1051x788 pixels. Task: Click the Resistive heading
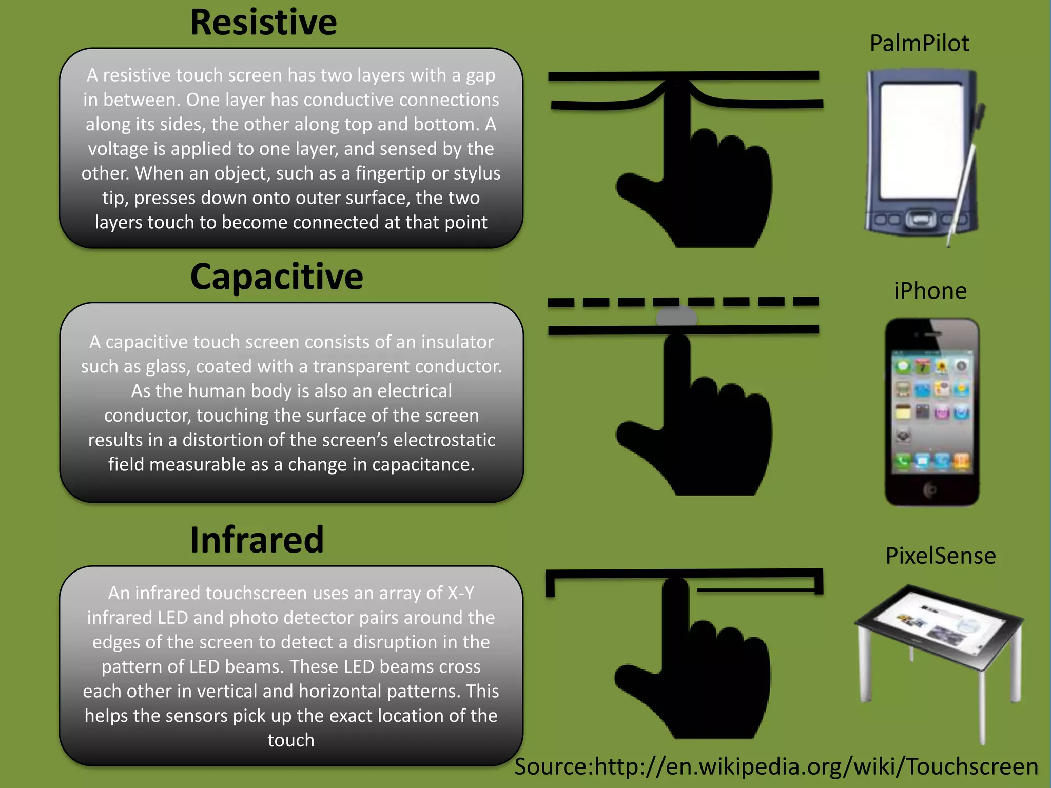(x=263, y=23)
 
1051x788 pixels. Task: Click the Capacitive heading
(x=277, y=278)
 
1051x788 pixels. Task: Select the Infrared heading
(x=257, y=540)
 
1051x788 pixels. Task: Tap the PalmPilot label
(x=919, y=44)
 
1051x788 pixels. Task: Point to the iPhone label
(x=930, y=291)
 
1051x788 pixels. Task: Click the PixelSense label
(x=940, y=556)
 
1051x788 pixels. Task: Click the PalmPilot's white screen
(x=921, y=141)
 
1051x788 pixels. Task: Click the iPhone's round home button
(x=930, y=490)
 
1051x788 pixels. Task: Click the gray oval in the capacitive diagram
(x=676, y=318)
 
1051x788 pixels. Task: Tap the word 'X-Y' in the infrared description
(x=461, y=594)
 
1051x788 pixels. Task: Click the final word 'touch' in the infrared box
(x=291, y=741)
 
